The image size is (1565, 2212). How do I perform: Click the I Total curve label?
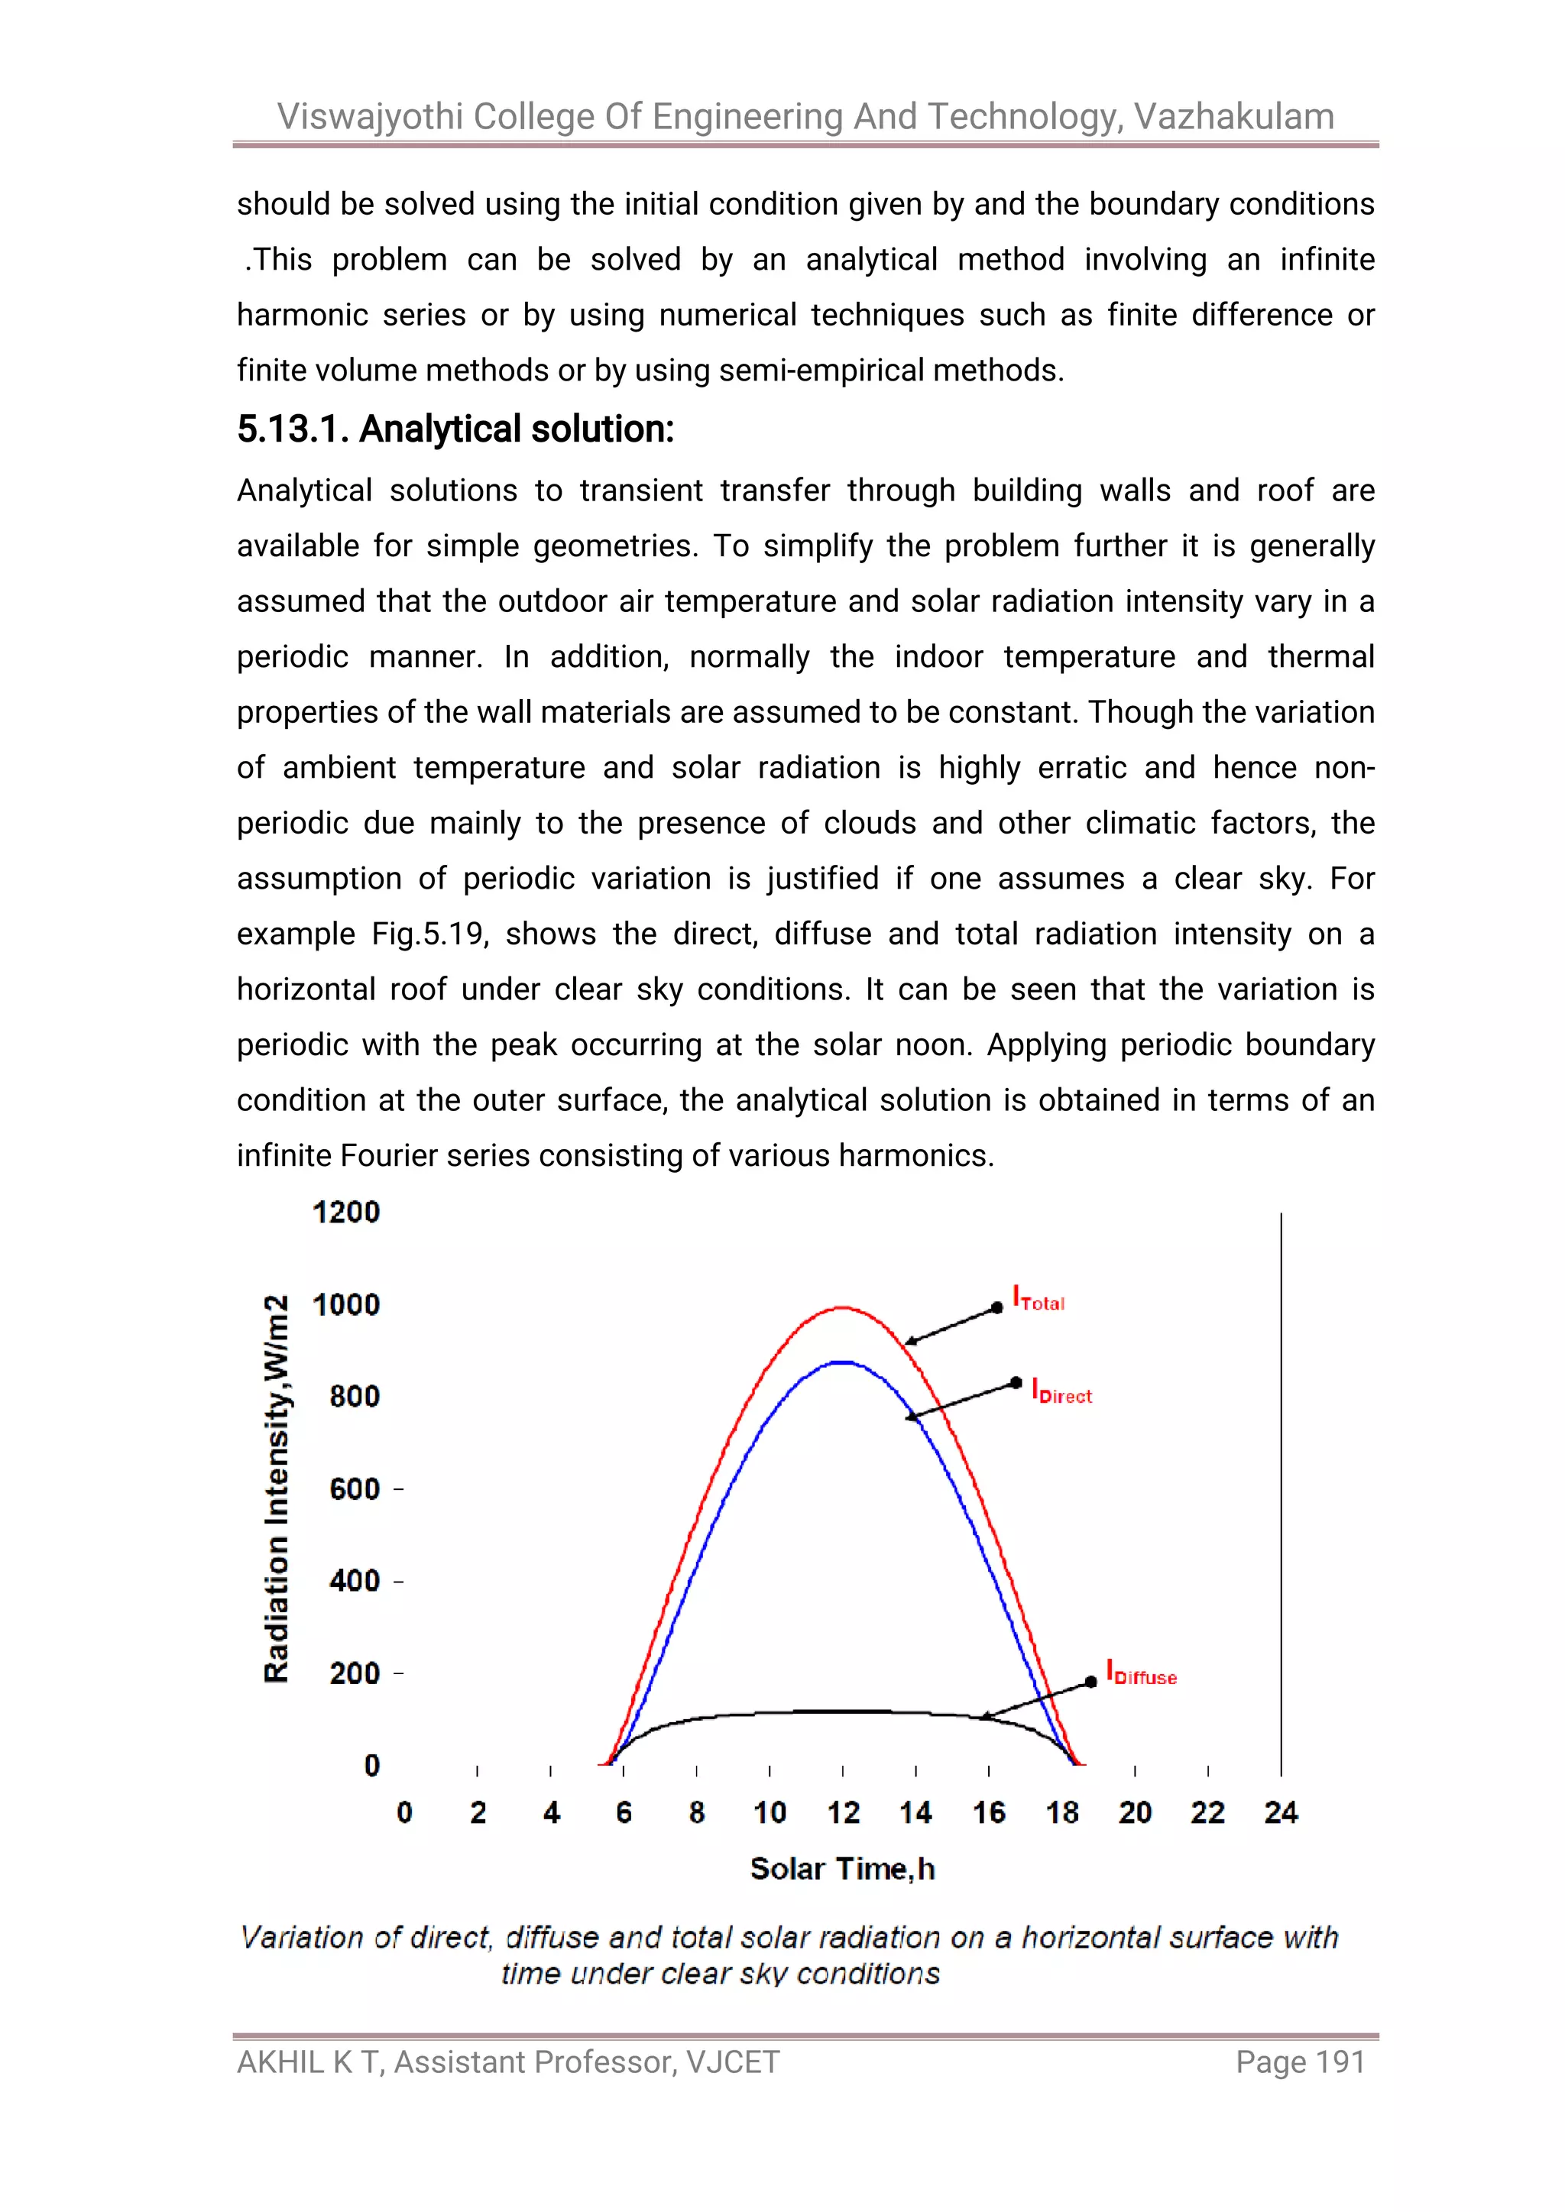click(1038, 1300)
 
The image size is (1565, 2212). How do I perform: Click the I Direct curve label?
click(1061, 1392)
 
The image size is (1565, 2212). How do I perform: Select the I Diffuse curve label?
click(1141, 1673)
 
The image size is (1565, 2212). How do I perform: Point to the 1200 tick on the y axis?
click(346, 1212)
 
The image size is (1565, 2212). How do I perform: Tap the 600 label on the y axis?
click(355, 1489)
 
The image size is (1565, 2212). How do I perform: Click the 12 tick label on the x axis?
click(843, 1813)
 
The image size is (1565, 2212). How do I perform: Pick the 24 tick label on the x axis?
click(1281, 1813)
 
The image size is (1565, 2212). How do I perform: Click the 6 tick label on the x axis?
click(624, 1813)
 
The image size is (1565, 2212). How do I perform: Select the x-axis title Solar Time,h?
click(842, 1869)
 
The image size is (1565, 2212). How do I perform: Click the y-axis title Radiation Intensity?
click(277, 1489)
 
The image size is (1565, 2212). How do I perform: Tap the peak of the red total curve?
click(842, 1307)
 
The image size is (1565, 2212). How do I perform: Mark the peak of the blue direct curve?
click(842, 1362)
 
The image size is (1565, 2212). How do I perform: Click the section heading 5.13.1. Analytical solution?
click(455, 429)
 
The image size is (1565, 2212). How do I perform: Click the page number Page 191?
click(1300, 2063)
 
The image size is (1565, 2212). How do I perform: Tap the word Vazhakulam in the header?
click(1233, 117)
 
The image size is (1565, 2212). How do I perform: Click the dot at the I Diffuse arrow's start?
click(1091, 1682)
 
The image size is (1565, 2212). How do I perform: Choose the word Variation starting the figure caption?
click(302, 1938)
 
